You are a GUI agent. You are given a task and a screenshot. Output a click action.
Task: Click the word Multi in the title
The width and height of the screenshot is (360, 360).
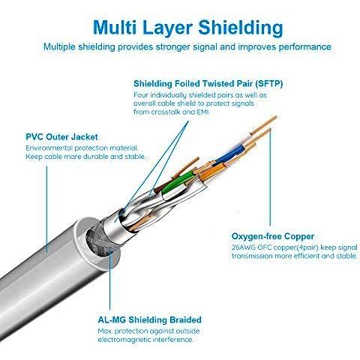click(x=115, y=27)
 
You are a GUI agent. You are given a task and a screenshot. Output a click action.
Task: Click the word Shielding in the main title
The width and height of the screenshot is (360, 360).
click(x=241, y=28)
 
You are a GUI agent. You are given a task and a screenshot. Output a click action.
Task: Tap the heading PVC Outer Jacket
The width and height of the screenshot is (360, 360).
click(x=61, y=136)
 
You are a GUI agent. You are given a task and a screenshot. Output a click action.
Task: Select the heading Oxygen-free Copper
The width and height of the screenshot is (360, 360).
click(x=273, y=236)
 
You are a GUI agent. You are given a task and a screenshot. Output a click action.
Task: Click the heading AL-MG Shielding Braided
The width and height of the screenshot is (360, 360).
click(x=149, y=319)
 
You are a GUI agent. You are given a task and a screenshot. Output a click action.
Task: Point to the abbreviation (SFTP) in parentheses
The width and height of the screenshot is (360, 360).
click(x=268, y=84)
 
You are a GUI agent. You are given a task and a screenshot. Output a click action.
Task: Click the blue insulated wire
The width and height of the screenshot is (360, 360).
click(x=229, y=154)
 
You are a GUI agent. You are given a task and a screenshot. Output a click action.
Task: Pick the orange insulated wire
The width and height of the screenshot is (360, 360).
click(x=211, y=172)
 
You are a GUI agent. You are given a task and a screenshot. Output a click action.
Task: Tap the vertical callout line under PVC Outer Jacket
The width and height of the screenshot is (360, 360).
click(x=46, y=209)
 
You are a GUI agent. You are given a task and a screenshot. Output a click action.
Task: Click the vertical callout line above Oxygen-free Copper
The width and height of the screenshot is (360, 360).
click(x=270, y=178)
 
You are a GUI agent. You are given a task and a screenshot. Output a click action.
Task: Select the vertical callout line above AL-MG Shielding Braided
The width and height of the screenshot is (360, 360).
click(x=110, y=280)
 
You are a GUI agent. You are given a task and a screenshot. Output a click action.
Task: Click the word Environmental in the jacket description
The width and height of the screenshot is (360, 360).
click(x=49, y=148)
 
